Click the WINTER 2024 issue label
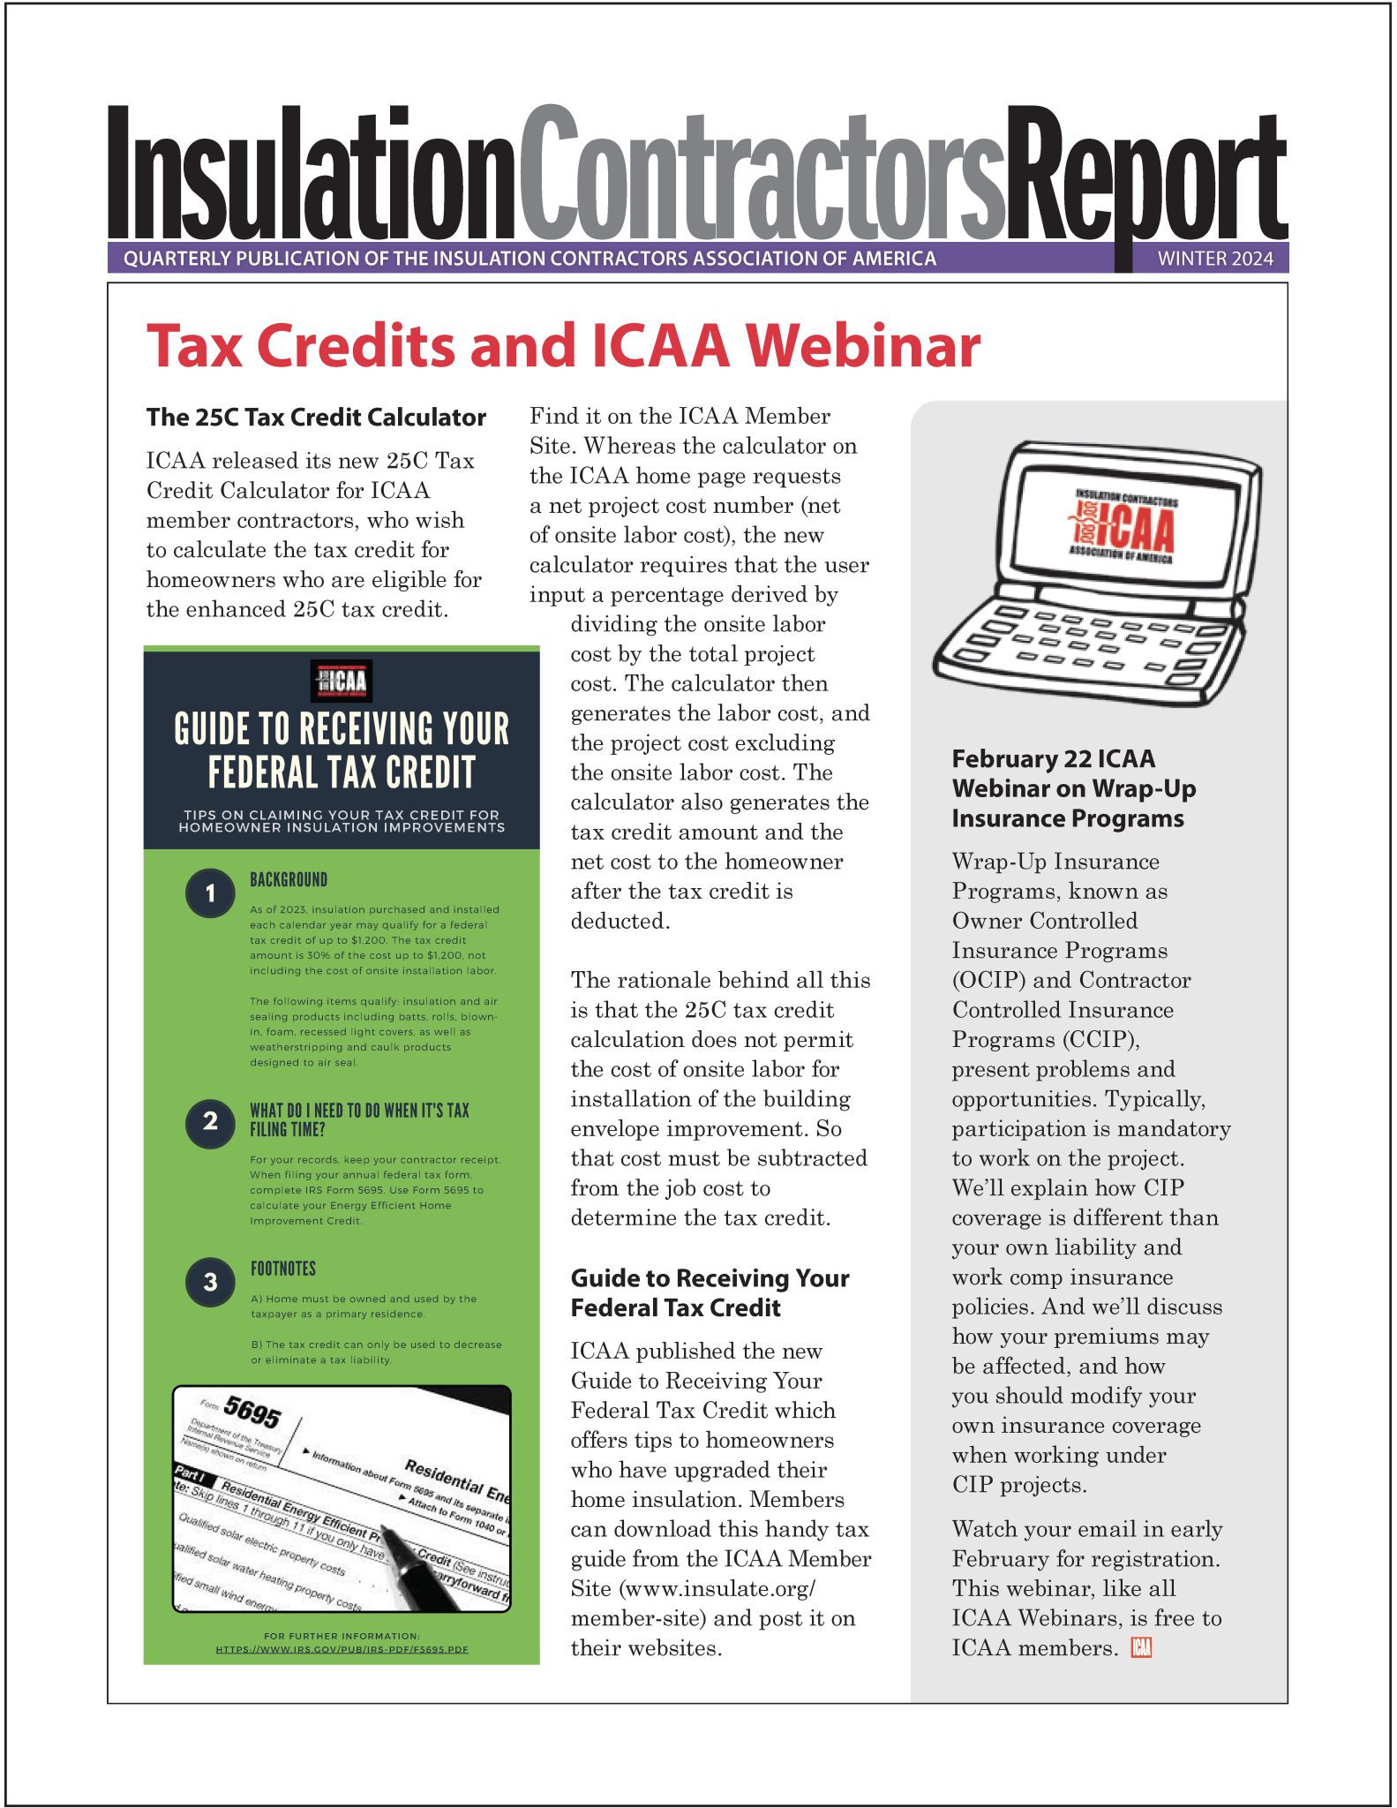(1214, 259)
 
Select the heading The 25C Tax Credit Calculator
(316, 418)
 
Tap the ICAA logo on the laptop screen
(1123, 527)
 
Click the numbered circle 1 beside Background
(210, 893)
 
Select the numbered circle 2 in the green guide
(210, 1122)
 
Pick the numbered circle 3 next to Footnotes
(210, 1282)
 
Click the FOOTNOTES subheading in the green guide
(283, 1269)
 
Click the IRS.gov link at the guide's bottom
(342, 1649)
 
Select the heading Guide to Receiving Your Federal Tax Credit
(710, 1292)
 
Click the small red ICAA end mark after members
(1141, 1647)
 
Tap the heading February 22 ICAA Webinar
(1073, 788)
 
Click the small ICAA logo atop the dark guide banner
(342, 681)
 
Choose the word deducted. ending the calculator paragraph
(620, 921)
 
